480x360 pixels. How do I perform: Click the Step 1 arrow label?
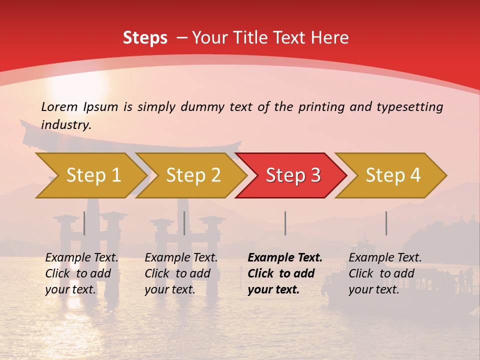93,175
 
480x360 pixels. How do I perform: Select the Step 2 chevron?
193,175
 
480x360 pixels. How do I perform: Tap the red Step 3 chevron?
293,175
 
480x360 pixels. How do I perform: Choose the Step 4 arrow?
393,175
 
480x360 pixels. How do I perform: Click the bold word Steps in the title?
145,37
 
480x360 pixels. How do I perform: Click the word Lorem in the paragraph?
59,106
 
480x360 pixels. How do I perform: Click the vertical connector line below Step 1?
84,223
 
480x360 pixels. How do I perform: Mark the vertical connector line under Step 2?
184,223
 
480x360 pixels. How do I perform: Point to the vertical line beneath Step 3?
285,223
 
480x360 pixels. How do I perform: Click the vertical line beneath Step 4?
386,223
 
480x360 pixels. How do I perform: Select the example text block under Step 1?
81,273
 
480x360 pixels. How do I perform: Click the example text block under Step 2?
181,273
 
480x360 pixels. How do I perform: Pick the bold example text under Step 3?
285,273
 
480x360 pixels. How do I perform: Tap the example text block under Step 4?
385,273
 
